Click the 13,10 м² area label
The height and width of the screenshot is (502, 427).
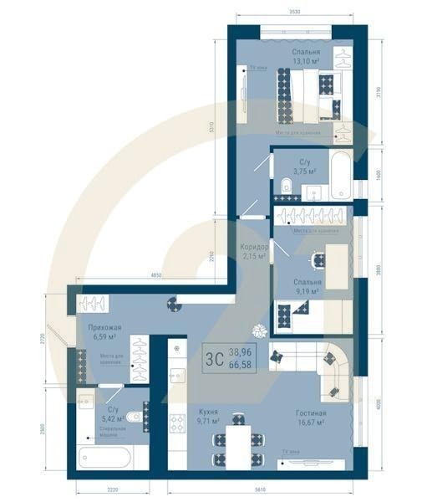[x=307, y=61]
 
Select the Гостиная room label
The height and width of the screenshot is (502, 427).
[x=310, y=412]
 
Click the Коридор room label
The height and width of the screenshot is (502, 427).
[x=254, y=248]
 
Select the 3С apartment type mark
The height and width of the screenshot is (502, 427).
[x=214, y=360]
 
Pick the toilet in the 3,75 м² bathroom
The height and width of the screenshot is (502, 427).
[x=286, y=185]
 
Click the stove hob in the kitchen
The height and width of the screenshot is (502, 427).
[x=177, y=424]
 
